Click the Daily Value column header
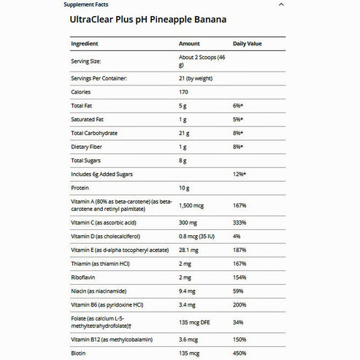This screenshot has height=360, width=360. (247, 44)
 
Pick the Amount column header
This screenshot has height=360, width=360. (189, 44)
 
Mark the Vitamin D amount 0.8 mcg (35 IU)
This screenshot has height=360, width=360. (201, 235)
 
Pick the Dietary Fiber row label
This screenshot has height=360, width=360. (87, 147)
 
